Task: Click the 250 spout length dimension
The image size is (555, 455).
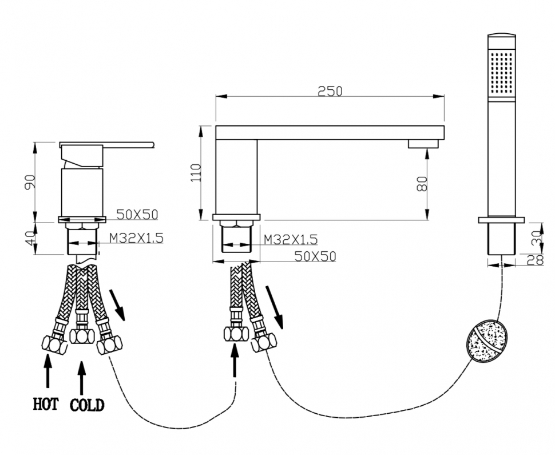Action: pyautogui.click(x=330, y=91)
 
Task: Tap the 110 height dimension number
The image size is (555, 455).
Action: pyautogui.click(x=196, y=173)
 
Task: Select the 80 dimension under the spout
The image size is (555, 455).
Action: pyautogui.click(x=422, y=184)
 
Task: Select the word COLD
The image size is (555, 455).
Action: pyautogui.click(x=87, y=405)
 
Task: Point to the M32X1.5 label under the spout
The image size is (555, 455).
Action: pyautogui.click(x=291, y=239)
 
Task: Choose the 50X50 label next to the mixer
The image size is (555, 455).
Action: pyautogui.click(x=137, y=215)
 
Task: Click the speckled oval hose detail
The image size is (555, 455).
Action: pyautogui.click(x=485, y=342)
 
